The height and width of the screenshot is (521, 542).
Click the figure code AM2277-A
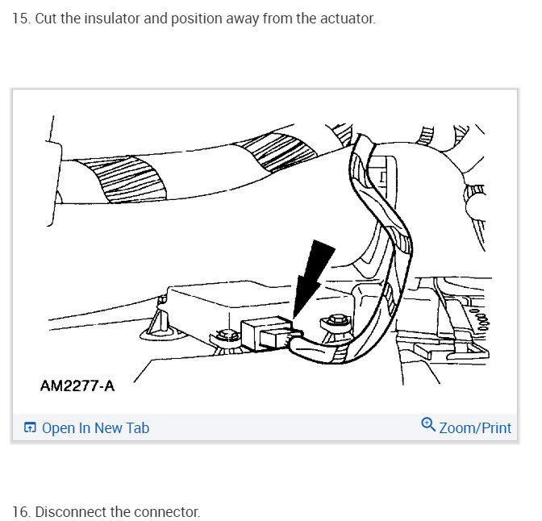pos(77,386)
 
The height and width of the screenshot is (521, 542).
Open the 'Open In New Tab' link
pos(95,428)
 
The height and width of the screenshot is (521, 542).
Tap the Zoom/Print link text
pos(475,427)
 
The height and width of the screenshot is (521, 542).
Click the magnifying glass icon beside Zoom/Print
pos(428,425)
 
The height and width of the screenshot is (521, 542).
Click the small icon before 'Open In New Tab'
pos(30,428)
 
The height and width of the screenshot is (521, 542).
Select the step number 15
pos(20,18)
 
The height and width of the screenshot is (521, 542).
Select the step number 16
pos(20,512)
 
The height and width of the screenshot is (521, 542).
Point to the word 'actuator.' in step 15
pos(348,18)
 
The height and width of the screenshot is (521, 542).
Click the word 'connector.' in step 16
pos(170,512)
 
